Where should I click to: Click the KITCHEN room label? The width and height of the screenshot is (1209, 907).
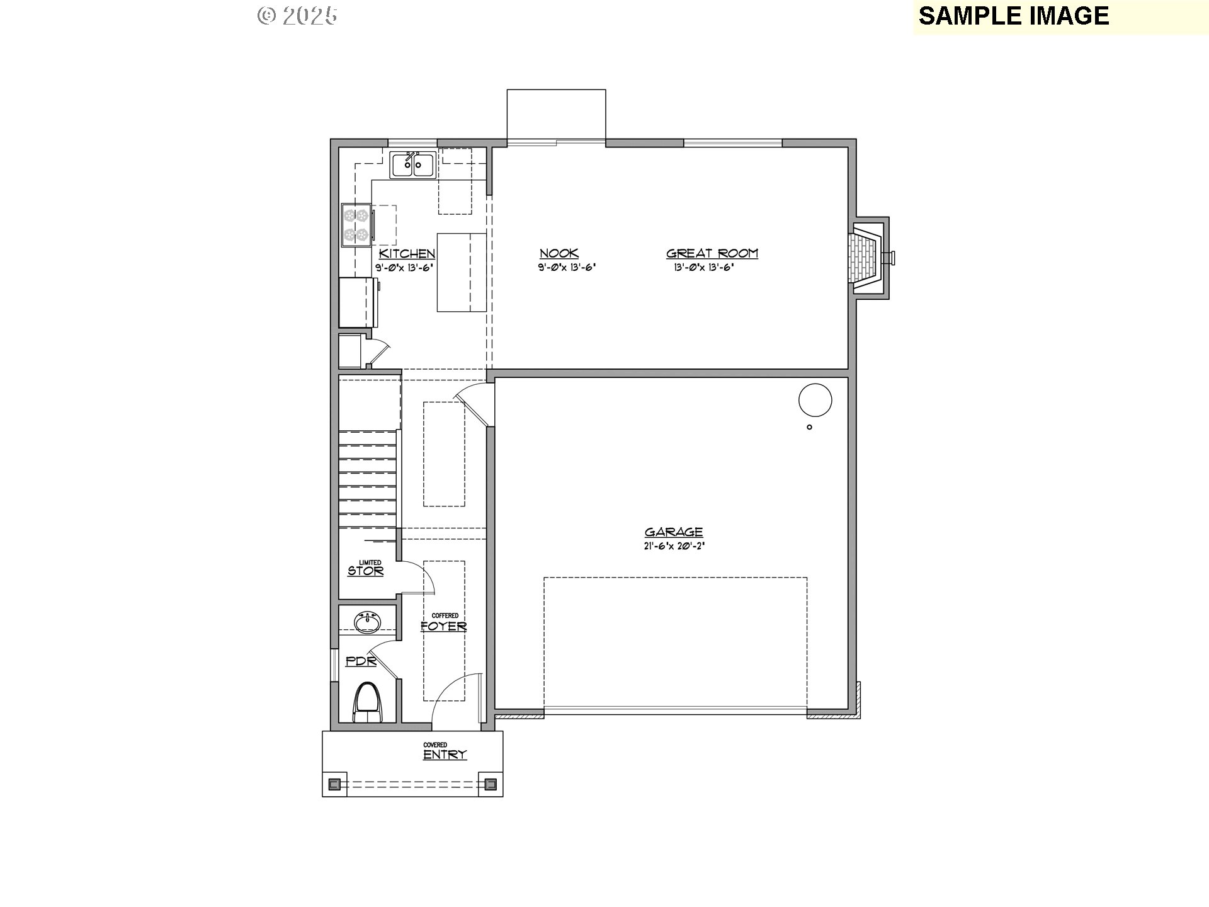[x=407, y=254]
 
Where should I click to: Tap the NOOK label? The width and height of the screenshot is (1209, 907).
[x=559, y=254]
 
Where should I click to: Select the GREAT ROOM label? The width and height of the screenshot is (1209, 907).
[x=712, y=254]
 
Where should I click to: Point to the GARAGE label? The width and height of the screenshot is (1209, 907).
[x=674, y=532]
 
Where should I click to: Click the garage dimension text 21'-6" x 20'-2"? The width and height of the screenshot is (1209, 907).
[x=674, y=547]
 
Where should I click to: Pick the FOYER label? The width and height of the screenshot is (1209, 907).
[x=444, y=626]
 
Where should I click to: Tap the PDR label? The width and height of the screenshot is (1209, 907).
[x=361, y=662]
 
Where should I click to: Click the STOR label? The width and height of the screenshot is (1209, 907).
[x=366, y=571]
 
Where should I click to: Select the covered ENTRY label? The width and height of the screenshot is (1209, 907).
[x=445, y=755]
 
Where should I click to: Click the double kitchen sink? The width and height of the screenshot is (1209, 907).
[x=412, y=166]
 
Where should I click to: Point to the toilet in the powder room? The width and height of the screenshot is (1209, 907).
[x=368, y=703]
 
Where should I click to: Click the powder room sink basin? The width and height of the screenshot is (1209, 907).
[x=367, y=622]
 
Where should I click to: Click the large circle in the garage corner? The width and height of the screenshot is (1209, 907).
[x=815, y=400]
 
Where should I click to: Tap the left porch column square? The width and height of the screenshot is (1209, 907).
[x=335, y=784]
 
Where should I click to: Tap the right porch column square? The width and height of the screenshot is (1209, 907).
[x=491, y=784]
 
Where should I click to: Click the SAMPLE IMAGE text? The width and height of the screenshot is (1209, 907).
[x=1014, y=16]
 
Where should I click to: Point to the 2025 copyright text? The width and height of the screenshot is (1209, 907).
[x=298, y=16]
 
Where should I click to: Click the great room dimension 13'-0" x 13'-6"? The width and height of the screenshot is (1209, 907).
[x=704, y=267]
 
